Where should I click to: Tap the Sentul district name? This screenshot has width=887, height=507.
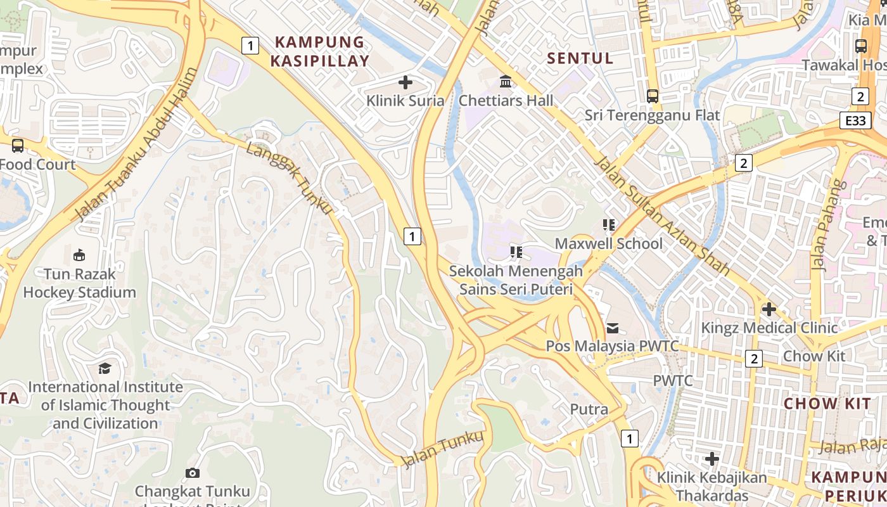(580, 58)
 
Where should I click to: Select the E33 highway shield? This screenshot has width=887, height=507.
(855, 120)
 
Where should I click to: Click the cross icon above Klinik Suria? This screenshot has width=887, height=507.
(405, 82)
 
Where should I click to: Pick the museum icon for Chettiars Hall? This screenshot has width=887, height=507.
(506, 82)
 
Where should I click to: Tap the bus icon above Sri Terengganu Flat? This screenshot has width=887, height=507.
(653, 96)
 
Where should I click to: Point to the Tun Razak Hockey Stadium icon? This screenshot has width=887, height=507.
(79, 255)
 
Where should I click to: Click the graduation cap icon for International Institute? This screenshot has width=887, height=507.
(105, 368)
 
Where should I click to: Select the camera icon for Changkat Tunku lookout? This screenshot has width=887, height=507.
(193, 473)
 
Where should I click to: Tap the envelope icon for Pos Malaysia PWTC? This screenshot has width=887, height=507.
(613, 328)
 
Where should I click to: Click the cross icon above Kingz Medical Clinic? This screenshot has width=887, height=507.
(769, 309)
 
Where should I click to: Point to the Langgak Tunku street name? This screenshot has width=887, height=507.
(289, 177)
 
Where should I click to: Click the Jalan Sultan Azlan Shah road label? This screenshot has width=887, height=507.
(663, 216)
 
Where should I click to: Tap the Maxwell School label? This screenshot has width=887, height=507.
(609, 243)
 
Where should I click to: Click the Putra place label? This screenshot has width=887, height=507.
(589, 409)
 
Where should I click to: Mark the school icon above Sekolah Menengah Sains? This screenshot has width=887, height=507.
(516, 252)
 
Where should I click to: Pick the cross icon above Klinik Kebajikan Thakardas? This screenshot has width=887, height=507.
(712, 458)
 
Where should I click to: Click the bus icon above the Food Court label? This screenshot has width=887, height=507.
(18, 146)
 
